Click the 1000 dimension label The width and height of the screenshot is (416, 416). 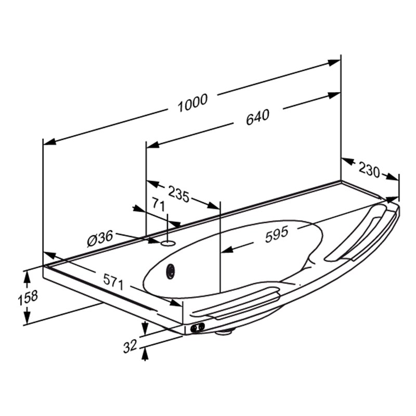point(192,102)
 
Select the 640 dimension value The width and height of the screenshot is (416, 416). point(257,118)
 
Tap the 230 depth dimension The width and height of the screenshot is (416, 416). point(369,170)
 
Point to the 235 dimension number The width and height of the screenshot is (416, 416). point(179,194)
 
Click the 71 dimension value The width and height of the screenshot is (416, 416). point(159,205)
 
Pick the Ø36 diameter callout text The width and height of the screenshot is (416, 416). point(100,239)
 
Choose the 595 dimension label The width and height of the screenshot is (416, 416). point(277,235)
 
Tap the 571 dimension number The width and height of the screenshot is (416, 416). point(113,282)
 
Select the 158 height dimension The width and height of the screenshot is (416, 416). point(28,297)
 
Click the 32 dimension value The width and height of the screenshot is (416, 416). point(130,346)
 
